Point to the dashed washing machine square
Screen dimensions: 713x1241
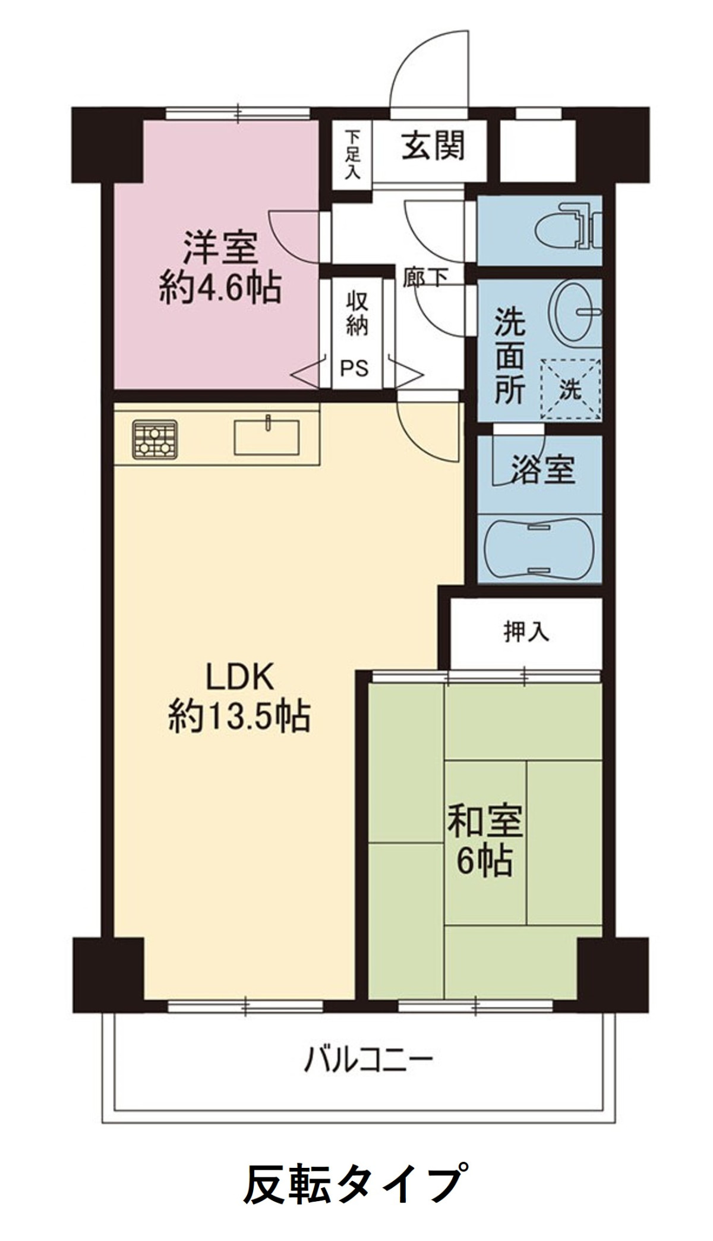point(570,389)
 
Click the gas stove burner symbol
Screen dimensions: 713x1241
point(155,440)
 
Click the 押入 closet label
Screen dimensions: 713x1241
point(526,633)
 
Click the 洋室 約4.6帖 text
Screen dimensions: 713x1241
point(219,269)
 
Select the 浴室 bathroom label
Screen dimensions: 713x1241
point(542,471)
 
